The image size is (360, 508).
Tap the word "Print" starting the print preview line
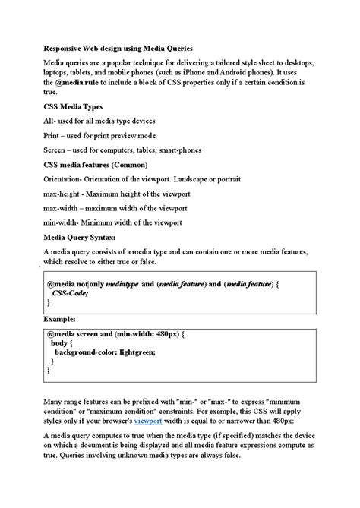tap(53, 135)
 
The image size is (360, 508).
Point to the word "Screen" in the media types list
tap(56, 150)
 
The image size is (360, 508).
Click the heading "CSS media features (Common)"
tap(95, 164)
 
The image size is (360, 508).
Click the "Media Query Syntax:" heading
tap(84, 237)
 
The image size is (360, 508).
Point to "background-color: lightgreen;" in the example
tap(104, 352)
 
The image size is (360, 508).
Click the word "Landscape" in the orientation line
tap(210, 179)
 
